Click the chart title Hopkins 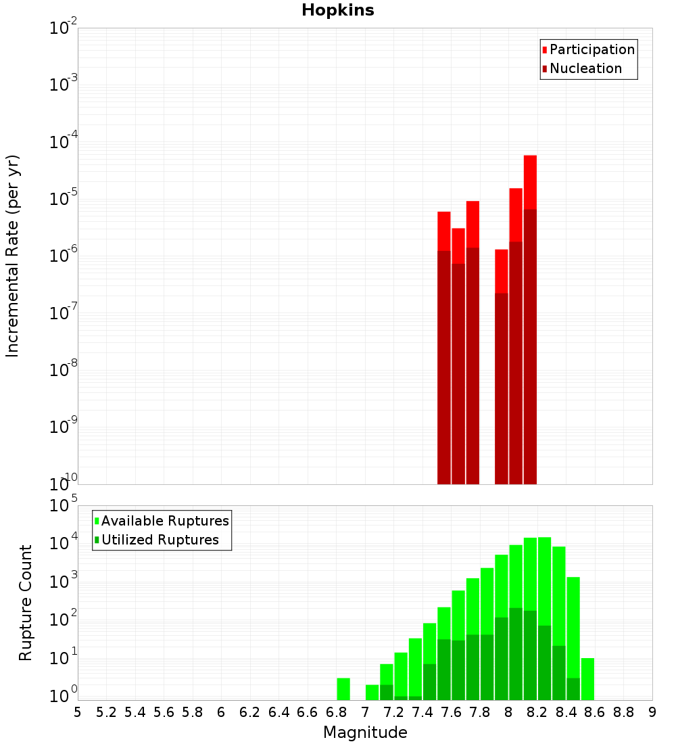click(x=338, y=10)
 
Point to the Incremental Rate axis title click(x=13, y=256)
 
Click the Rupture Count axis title click(x=26, y=603)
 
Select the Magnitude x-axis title click(x=365, y=733)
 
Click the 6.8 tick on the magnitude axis click(x=336, y=712)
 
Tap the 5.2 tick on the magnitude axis click(x=106, y=712)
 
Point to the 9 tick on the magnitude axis click(x=652, y=712)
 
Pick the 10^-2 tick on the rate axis click(x=64, y=28)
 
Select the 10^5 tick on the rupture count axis click(x=64, y=506)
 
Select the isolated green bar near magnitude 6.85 click(x=343, y=689)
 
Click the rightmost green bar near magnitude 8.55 click(x=587, y=679)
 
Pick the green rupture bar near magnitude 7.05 click(x=372, y=693)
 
